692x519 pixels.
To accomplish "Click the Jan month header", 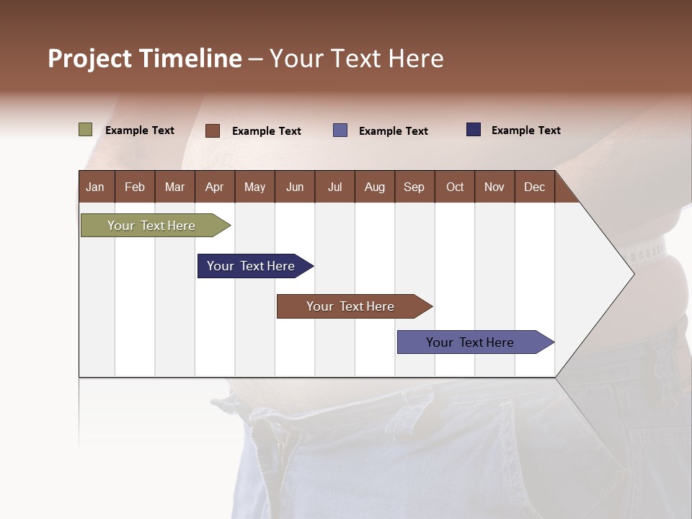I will pos(95,187).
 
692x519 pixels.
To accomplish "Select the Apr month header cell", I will pos(214,187).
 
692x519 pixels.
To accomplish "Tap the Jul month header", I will pos(334,187).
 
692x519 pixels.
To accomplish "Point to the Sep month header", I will pos(414,187).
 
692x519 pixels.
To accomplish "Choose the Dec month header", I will pos(534,187).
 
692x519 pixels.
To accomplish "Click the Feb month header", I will pos(135,187).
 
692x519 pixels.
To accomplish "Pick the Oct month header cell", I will pos(455,187).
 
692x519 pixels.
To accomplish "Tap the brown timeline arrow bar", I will pos(351,306).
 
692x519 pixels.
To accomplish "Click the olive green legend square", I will pos(86,130).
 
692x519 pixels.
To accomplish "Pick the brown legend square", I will pos(213,130).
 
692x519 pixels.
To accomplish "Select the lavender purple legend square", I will pos(340,130).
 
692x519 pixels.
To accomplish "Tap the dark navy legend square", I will pos(474,130).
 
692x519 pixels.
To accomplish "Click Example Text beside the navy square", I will pos(525,130).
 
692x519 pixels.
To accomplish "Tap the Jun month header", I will pos(295,187).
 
